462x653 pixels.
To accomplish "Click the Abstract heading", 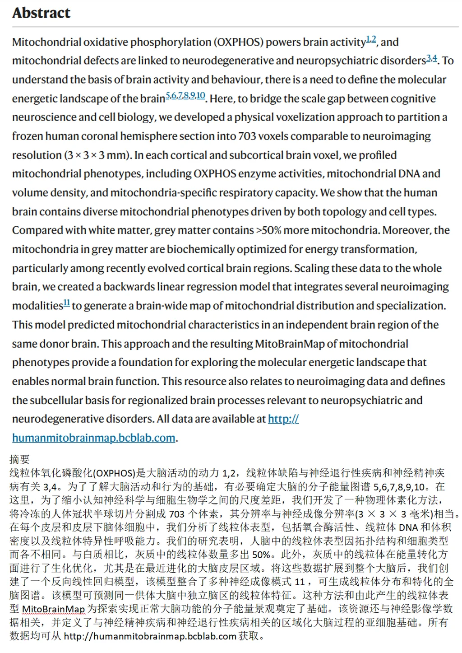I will [41, 13].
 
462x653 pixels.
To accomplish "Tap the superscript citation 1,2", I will [371, 39].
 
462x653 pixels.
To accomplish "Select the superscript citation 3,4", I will [432, 58].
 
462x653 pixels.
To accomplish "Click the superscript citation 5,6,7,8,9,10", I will [185, 96].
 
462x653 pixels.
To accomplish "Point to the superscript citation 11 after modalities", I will [67, 303].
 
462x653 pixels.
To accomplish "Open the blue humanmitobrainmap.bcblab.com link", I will [93, 438].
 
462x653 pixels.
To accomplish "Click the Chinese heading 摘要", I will [19, 460].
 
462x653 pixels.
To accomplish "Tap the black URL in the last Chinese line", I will [150, 636].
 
